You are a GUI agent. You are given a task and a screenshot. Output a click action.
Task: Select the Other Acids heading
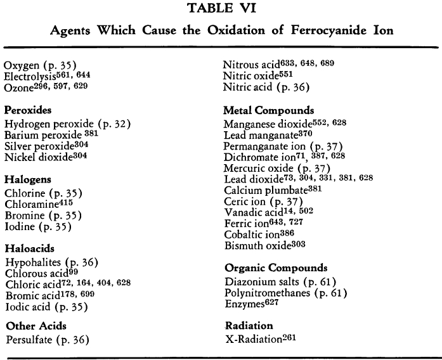(x=36, y=326)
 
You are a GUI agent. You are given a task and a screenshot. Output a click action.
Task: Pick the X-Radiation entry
(x=260, y=338)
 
